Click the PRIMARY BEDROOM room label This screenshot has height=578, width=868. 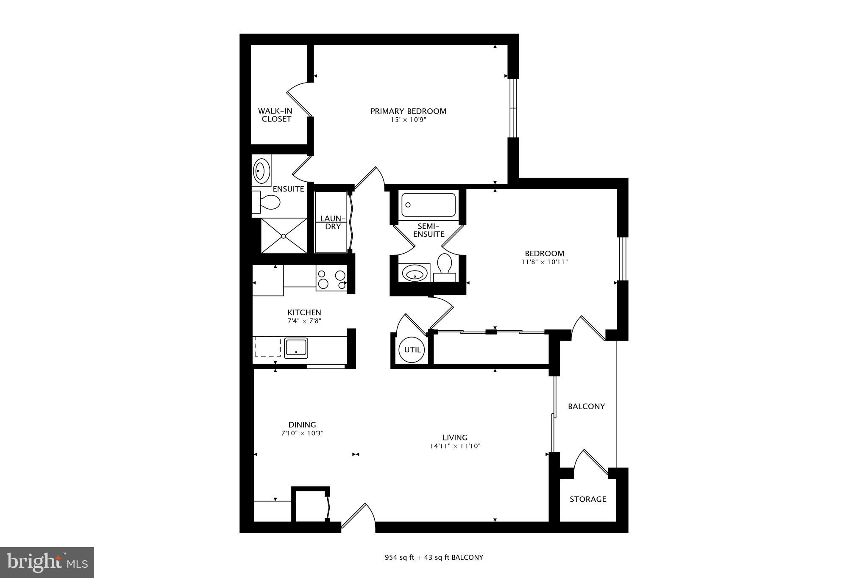408,111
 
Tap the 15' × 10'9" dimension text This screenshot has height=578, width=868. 408,120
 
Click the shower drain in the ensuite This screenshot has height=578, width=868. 284,236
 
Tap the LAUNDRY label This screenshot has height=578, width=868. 333,222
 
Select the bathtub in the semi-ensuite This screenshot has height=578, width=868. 428,205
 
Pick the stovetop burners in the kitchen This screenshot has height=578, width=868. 332,280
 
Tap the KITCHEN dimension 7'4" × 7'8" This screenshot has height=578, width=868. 304,321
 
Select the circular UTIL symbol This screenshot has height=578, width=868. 412,350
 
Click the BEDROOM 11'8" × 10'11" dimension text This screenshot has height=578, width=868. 544,262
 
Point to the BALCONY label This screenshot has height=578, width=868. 586,407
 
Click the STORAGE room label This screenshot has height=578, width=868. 587,499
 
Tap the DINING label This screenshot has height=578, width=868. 302,425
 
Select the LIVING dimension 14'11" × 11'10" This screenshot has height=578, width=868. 455,446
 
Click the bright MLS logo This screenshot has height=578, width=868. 47,562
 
